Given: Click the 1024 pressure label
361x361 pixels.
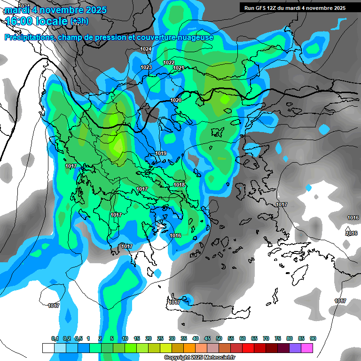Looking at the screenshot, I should pos(146,49).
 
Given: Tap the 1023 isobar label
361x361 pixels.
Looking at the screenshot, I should pos(146,67).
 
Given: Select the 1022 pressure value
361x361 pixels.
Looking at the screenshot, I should pos(169,63).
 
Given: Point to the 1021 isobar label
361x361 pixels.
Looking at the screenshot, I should pos(179,68).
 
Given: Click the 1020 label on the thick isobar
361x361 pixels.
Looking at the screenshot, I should pos(176,100).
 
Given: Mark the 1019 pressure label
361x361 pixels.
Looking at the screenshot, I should pos(161,153).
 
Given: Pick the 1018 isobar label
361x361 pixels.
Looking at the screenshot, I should pos(179,185).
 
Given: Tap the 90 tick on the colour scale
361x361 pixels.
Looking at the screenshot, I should pos(313,339).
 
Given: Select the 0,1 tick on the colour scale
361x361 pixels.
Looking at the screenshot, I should pos(55,339).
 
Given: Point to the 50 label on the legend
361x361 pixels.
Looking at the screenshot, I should pos(219,339).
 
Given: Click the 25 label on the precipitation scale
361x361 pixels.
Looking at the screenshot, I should pos(160,339).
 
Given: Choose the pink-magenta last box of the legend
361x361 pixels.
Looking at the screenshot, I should pos(307,348).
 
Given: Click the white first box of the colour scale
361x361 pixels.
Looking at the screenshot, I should pos(48,348).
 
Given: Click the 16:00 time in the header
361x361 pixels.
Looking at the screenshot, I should pos(22,21).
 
